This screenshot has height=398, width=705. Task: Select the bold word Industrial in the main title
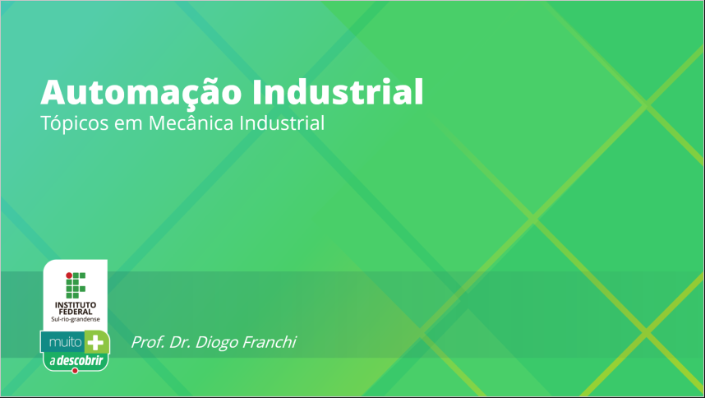338,92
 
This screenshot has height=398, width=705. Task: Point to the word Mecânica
191,123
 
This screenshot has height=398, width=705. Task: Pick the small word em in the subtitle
128,124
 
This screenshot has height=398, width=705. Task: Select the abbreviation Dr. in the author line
180,342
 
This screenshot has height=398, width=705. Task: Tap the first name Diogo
217,343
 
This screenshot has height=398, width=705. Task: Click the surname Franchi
269,342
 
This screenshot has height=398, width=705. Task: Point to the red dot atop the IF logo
69,275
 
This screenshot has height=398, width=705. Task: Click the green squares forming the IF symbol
76,285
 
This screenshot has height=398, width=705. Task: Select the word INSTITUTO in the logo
76,305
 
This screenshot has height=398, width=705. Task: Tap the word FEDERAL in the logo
76,312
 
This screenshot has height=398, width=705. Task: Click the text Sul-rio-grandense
76,319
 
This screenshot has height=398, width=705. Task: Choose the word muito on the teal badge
65,343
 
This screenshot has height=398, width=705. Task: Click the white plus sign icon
95,343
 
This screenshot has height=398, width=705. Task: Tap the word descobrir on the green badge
80,360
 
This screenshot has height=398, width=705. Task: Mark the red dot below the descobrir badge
75,371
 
